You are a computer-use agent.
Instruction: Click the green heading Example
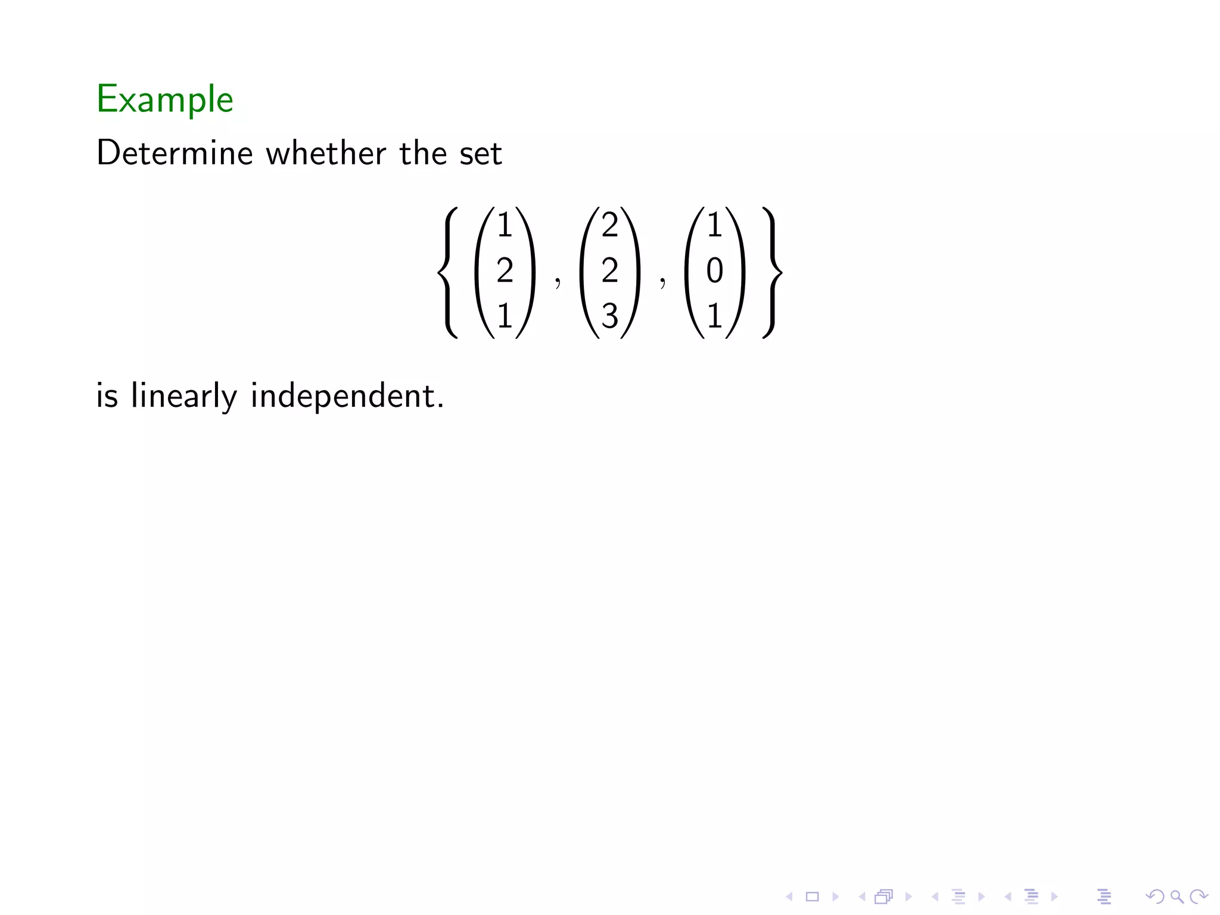(x=165, y=99)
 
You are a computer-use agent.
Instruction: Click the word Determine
(x=175, y=153)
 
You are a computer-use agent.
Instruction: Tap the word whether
(x=326, y=153)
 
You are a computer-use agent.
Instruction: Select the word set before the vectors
(x=481, y=154)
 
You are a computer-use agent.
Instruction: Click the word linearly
(x=184, y=396)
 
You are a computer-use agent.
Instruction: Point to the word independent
(x=347, y=396)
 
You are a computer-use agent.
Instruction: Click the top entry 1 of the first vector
(x=505, y=226)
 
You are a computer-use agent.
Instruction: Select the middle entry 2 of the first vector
(x=505, y=271)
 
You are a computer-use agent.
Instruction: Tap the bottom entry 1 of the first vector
(x=505, y=316)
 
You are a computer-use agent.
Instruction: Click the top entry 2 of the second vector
(x=609, y=226)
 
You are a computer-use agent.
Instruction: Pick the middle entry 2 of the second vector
(x=609, y=271)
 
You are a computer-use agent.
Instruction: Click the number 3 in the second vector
(x=609, y=316)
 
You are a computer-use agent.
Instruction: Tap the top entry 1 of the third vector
(x=714, y=226)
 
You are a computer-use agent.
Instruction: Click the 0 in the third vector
(x=714, y=271)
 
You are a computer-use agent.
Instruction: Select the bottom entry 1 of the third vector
(x=714, y=316)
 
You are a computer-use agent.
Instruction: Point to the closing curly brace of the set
(x=771, y=272)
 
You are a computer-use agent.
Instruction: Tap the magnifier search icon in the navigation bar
(x=1177, y=896)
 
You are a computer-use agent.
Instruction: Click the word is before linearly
(x=107, y=396)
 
